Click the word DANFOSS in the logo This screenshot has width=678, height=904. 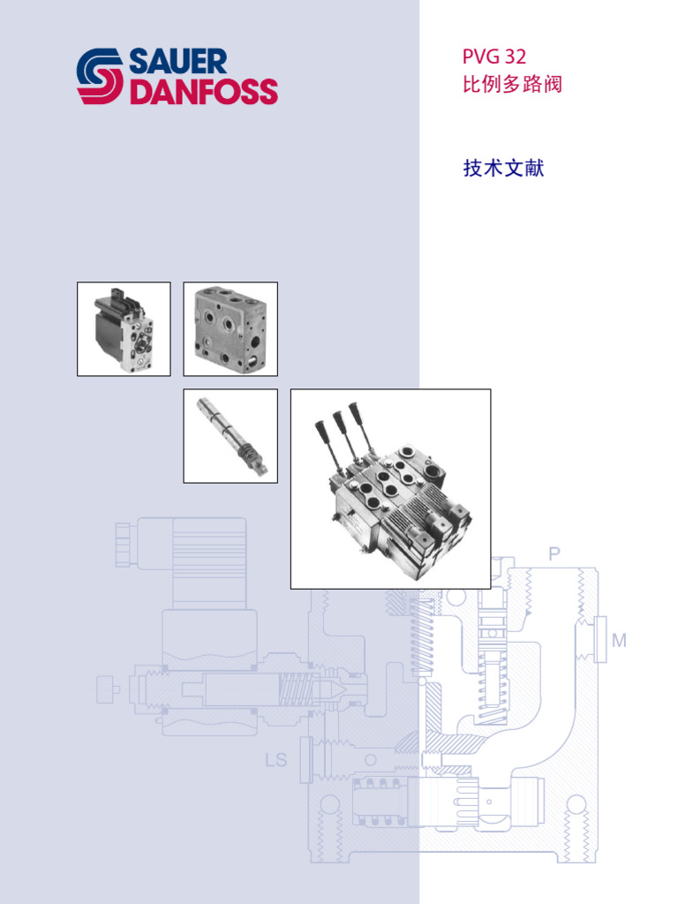[x=203, y=92]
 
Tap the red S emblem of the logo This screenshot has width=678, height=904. [x=100, y=77]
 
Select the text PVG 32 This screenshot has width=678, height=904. [x=494, y=57]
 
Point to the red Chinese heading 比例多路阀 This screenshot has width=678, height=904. [x=513, y=86]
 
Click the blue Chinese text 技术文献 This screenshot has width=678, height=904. [x=503, y=168]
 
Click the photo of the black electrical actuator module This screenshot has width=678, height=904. [x=124, y=329]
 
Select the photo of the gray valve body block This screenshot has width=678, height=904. [x=230, y=329]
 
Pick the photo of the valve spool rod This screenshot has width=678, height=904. [x=230, y=436]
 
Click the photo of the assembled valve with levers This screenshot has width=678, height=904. [x=390, y=489]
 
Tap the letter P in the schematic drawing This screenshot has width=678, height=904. [x=554, y=554]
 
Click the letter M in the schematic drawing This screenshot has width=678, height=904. [x=619, y=641]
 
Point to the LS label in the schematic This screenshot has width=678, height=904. [x=275, y=759]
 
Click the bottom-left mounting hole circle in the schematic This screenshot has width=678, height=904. [x=328, y=805]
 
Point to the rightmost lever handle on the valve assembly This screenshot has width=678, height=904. [x=355, y=412]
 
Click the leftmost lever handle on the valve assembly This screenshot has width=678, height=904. [x=321, y=432]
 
